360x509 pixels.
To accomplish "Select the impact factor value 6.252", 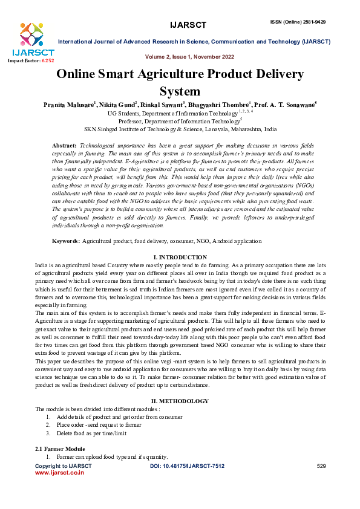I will tap(47, 61).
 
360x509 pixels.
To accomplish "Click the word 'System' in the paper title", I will tap(180, 91).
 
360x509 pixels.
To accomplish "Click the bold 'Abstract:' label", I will tap(65, 147).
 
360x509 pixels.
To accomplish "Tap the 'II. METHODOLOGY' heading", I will tap(180, 401).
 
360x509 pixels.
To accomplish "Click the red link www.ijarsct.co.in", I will tap(60, 473).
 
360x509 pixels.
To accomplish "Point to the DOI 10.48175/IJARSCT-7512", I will tap(187, 466).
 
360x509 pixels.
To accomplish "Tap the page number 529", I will tap(321, 466).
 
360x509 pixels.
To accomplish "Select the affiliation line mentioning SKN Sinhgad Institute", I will tap(180, 129).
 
